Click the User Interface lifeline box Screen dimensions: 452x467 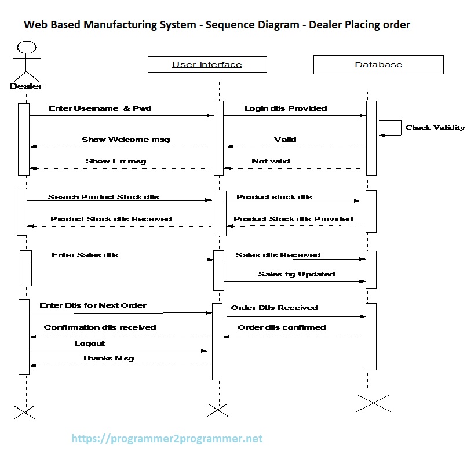pos(207,64)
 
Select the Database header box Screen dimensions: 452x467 pos(378,64)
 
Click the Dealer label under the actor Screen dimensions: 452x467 pos(26,86)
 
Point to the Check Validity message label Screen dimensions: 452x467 pos(435,127)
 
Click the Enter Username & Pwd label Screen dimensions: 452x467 pos(100,108)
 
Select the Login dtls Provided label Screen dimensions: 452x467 pos(286,108)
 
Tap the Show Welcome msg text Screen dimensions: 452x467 pos(126,140)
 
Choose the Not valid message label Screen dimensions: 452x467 pos(271,161)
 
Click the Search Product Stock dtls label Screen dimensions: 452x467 pos(103,197)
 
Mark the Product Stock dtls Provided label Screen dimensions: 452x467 pos(293,219)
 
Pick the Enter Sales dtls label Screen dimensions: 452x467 pos(85,255)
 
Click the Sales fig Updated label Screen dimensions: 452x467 pos(297,274)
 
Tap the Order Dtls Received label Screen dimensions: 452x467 pos(274,308)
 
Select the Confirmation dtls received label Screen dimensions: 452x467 pos(100,327)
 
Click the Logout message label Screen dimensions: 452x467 pos(90,344)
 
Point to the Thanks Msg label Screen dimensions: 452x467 pos(108,358)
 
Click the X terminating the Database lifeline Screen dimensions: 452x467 pos(373,403)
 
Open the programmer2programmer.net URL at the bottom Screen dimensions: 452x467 pos(167,439)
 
